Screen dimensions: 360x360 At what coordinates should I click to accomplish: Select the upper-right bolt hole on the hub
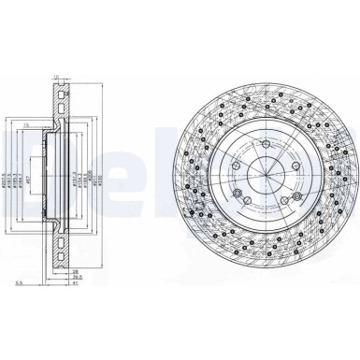pyautogui.click(x=294, y=166)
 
